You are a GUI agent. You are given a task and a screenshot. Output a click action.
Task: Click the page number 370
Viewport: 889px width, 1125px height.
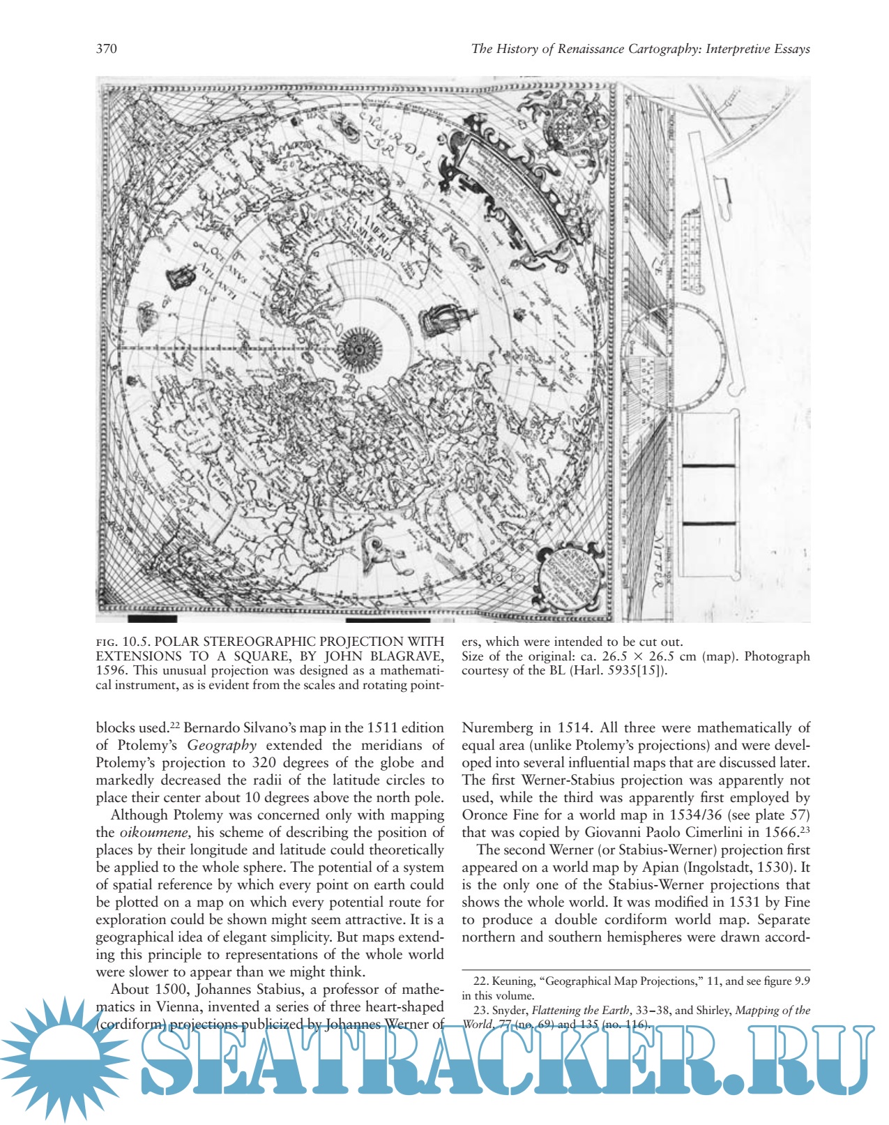(106, 49)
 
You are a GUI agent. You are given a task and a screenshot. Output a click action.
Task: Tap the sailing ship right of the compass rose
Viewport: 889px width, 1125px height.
(445, 321)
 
